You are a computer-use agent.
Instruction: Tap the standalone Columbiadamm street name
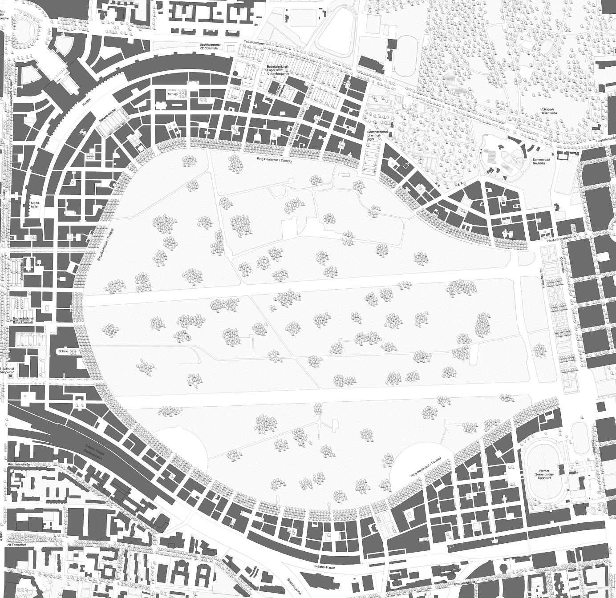point(254,42)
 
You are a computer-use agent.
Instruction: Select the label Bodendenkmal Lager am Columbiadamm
point(277,70)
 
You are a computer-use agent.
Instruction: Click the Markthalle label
point(35,205)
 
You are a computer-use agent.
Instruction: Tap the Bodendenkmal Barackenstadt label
point(23,320)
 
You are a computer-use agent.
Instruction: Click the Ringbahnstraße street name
point(19,465)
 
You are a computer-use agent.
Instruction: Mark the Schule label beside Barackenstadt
point(63,351)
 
